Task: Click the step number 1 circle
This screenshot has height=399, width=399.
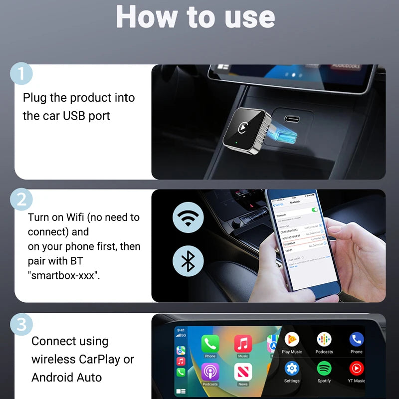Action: tap(21, 74)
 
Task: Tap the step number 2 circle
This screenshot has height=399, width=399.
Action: tap(21, 199)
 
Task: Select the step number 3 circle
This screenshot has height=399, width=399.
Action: tap(21, 325)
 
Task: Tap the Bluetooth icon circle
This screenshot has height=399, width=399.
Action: tap(188, 260)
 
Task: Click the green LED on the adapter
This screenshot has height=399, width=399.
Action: tap(235, 145)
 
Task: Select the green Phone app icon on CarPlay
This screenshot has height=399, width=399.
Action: tap(210, 343)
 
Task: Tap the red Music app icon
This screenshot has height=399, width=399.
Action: tap(243, 343)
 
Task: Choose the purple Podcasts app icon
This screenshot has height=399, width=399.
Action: tap(210, 372)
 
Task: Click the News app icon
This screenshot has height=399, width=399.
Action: tap(243, 372)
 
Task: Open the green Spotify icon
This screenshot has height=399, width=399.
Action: tap(324, 369)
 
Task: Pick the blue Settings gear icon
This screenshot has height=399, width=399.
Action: tap(292, 369)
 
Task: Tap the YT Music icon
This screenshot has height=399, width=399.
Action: tap(356, 369)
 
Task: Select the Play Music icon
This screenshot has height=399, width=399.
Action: tap(292, 340)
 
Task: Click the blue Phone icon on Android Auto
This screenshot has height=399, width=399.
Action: tap(356, 340)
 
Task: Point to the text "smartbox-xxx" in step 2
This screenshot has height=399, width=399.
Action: tap(63, 275)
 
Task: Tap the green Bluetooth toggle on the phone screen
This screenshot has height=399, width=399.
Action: tap(315, 210)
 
